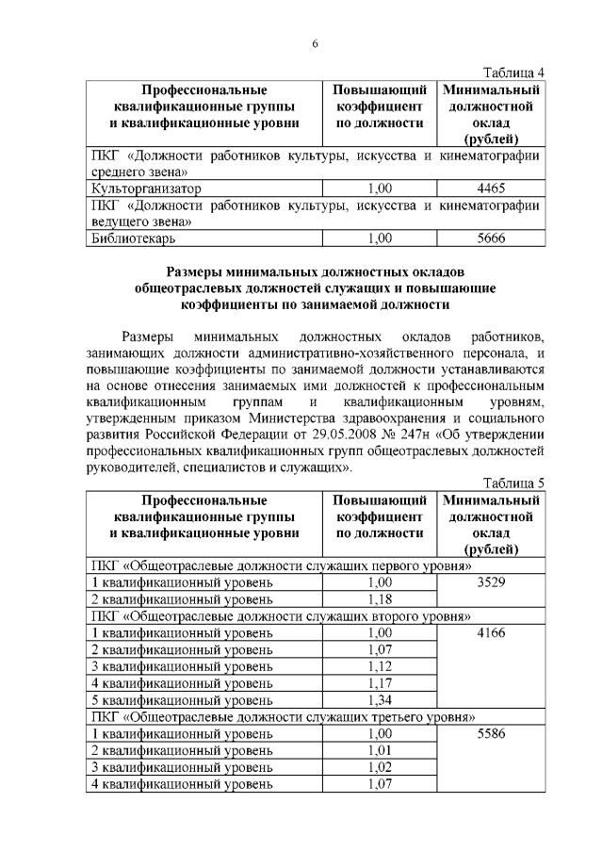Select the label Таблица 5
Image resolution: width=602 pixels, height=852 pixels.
click(513, 482)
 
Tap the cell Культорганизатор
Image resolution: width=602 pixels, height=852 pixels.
click(146, 188)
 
